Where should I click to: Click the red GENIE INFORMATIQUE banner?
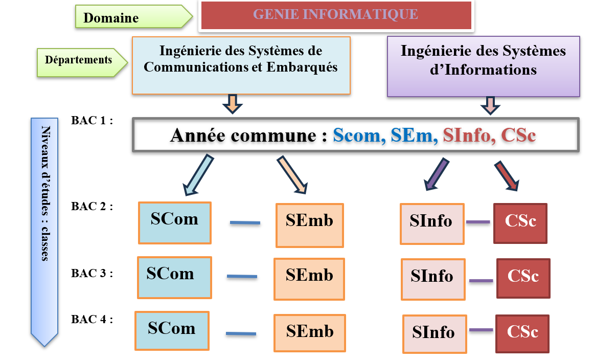pos(336,15)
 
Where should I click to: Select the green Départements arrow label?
pos(79,60)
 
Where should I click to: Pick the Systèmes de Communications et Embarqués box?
pos(241,65)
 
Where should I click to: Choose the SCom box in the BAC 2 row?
pos(174,223)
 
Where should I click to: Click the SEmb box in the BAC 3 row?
pos(309,279)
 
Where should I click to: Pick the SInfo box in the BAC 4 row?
pos(435,334)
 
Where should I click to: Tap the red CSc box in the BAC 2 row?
pos(520,223)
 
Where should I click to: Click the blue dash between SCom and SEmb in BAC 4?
pos(241,334)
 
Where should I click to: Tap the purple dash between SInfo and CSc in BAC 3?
pos(481,280)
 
